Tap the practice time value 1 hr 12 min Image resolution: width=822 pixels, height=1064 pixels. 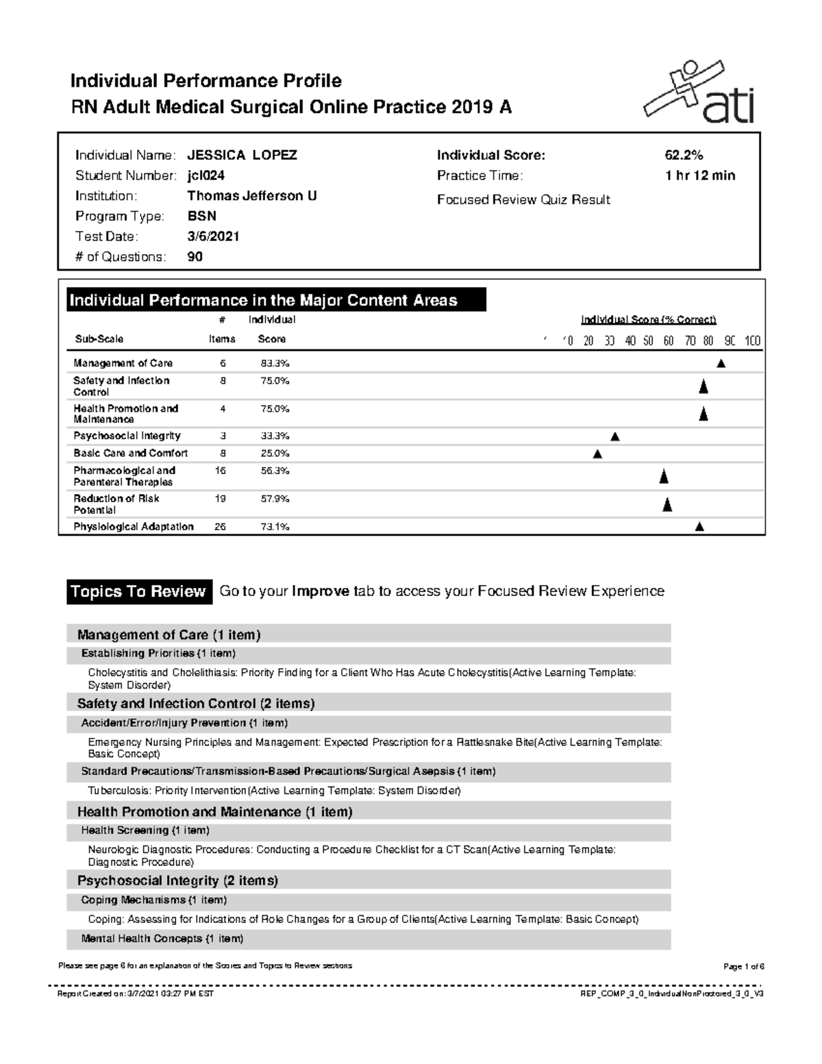pyautogui.click(x=699, y=176)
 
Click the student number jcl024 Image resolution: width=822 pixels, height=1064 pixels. pyautogui.click(x=206, y=176)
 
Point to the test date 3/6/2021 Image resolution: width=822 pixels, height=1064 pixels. pyautogui.click(x=213, y=237)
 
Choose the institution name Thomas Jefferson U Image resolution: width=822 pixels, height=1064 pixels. pyautogui.click(x=251, y=196)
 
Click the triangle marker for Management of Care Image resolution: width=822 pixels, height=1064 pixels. pyautogui.click(x=721, y=364)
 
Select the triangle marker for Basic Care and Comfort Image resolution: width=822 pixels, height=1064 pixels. pyautogui.click(x=597, y=454)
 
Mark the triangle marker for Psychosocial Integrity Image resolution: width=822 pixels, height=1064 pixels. pyautogui.click(x=615, y=436)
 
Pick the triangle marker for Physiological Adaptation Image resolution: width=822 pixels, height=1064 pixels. pyautogui.click(x=699, y=527)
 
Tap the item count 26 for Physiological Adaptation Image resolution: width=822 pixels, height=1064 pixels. pyautogui.click(x=221, y=527)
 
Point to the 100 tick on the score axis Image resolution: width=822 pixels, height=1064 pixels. pyautogui.click(x=752, y=341)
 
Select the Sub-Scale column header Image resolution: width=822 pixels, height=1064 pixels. pyautogui.click(x=99, y=339)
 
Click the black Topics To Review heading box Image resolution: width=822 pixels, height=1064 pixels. pyautogui.click(x=138, y=592)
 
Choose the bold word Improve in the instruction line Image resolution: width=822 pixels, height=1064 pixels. pyautogui.click(x=320, y=592)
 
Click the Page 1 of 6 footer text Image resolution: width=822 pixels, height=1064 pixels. pyautogui.click(x=743, y=967)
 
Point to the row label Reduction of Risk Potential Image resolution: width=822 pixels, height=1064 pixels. pyautogui.click(x=116, y=504)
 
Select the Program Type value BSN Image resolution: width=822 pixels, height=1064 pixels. pyautogui.click(x=202, y=216)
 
